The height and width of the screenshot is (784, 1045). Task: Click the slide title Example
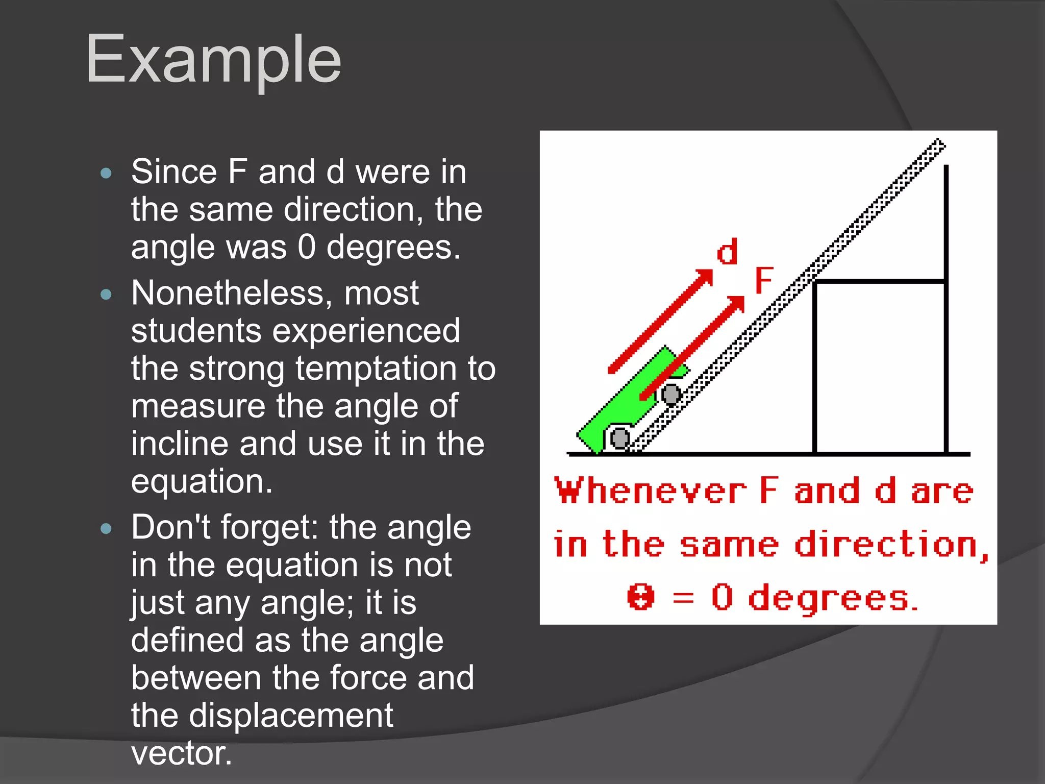[x=214, y=59]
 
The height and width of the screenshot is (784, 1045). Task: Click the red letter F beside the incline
[x=764, y=280]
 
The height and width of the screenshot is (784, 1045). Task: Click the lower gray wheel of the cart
[x=619, y=438]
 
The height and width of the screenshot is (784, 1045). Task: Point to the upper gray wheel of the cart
[x=671, y=394]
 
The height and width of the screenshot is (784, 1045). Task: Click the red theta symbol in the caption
[x=640, y=597]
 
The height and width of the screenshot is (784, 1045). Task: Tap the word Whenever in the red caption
[x=651, y=491]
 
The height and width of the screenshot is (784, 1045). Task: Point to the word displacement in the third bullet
[x=291, y=715]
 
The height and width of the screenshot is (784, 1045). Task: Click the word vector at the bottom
[x=181, y=753]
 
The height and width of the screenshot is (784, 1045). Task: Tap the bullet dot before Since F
[x=106, y=173]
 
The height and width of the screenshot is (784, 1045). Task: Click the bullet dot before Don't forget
[x=106, y=529]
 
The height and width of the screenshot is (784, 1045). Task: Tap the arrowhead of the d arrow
[x=706, y=277]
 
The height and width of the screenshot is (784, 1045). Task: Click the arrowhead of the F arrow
[x=737, y=304]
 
